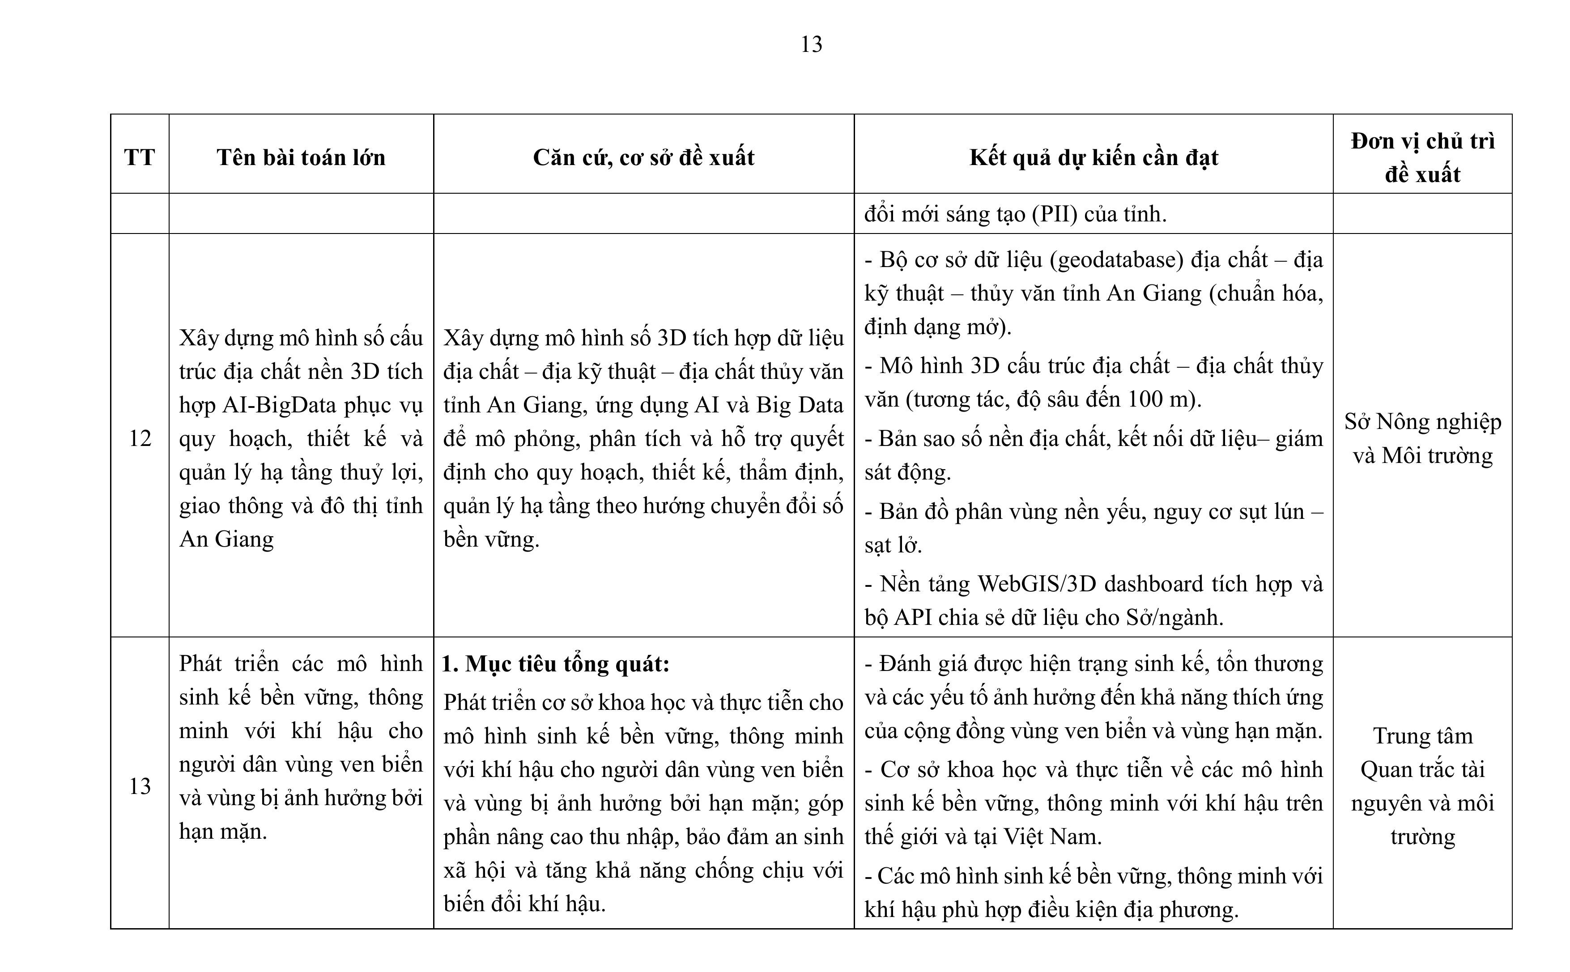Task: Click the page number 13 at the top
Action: [x=811, y=44]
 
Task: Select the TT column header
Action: [x=140, y=157]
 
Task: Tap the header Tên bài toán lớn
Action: [x=301, y=157]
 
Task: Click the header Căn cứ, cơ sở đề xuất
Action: [x=643, y=157]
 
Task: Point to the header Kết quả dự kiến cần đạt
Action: [x=1093, y=157]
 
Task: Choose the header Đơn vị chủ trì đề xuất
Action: [x=1422, y=157]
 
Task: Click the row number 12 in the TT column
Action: [x=140, y=438]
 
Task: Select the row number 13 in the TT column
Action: [x=140, y=785]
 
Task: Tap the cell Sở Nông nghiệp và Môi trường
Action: [x=1422, y=438]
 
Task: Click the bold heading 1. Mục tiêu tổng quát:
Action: [x=556, y=663]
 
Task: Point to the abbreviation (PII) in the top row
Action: [x=1055, y=213]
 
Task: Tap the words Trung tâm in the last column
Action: [x=1422, y=735]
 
